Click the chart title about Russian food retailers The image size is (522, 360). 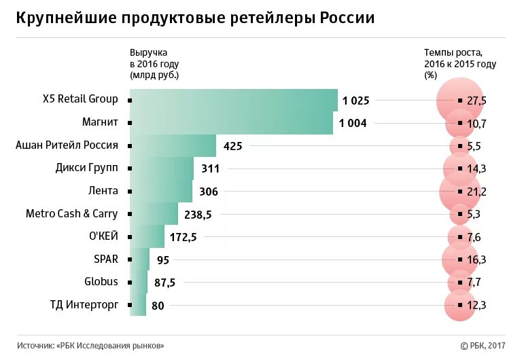(x=196, y=18)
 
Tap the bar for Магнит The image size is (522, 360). (x=231, y=123)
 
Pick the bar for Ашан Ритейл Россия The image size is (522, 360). (x=173, y=145)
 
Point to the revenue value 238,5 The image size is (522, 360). (x=198, y=214)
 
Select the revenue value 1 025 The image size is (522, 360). (x=355, y=101)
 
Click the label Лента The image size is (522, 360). (x=103, y=191)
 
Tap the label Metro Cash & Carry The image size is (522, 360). (x=71, y=213)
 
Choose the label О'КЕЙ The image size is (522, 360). (x=103, y=236)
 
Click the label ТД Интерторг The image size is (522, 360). (x=84, y=304)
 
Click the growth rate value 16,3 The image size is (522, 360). (x=476, y=259)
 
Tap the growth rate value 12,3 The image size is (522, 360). (x=476, y=305)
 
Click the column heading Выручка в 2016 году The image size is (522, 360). (x=154, y=64)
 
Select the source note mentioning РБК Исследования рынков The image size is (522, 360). (x=90, y=346)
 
